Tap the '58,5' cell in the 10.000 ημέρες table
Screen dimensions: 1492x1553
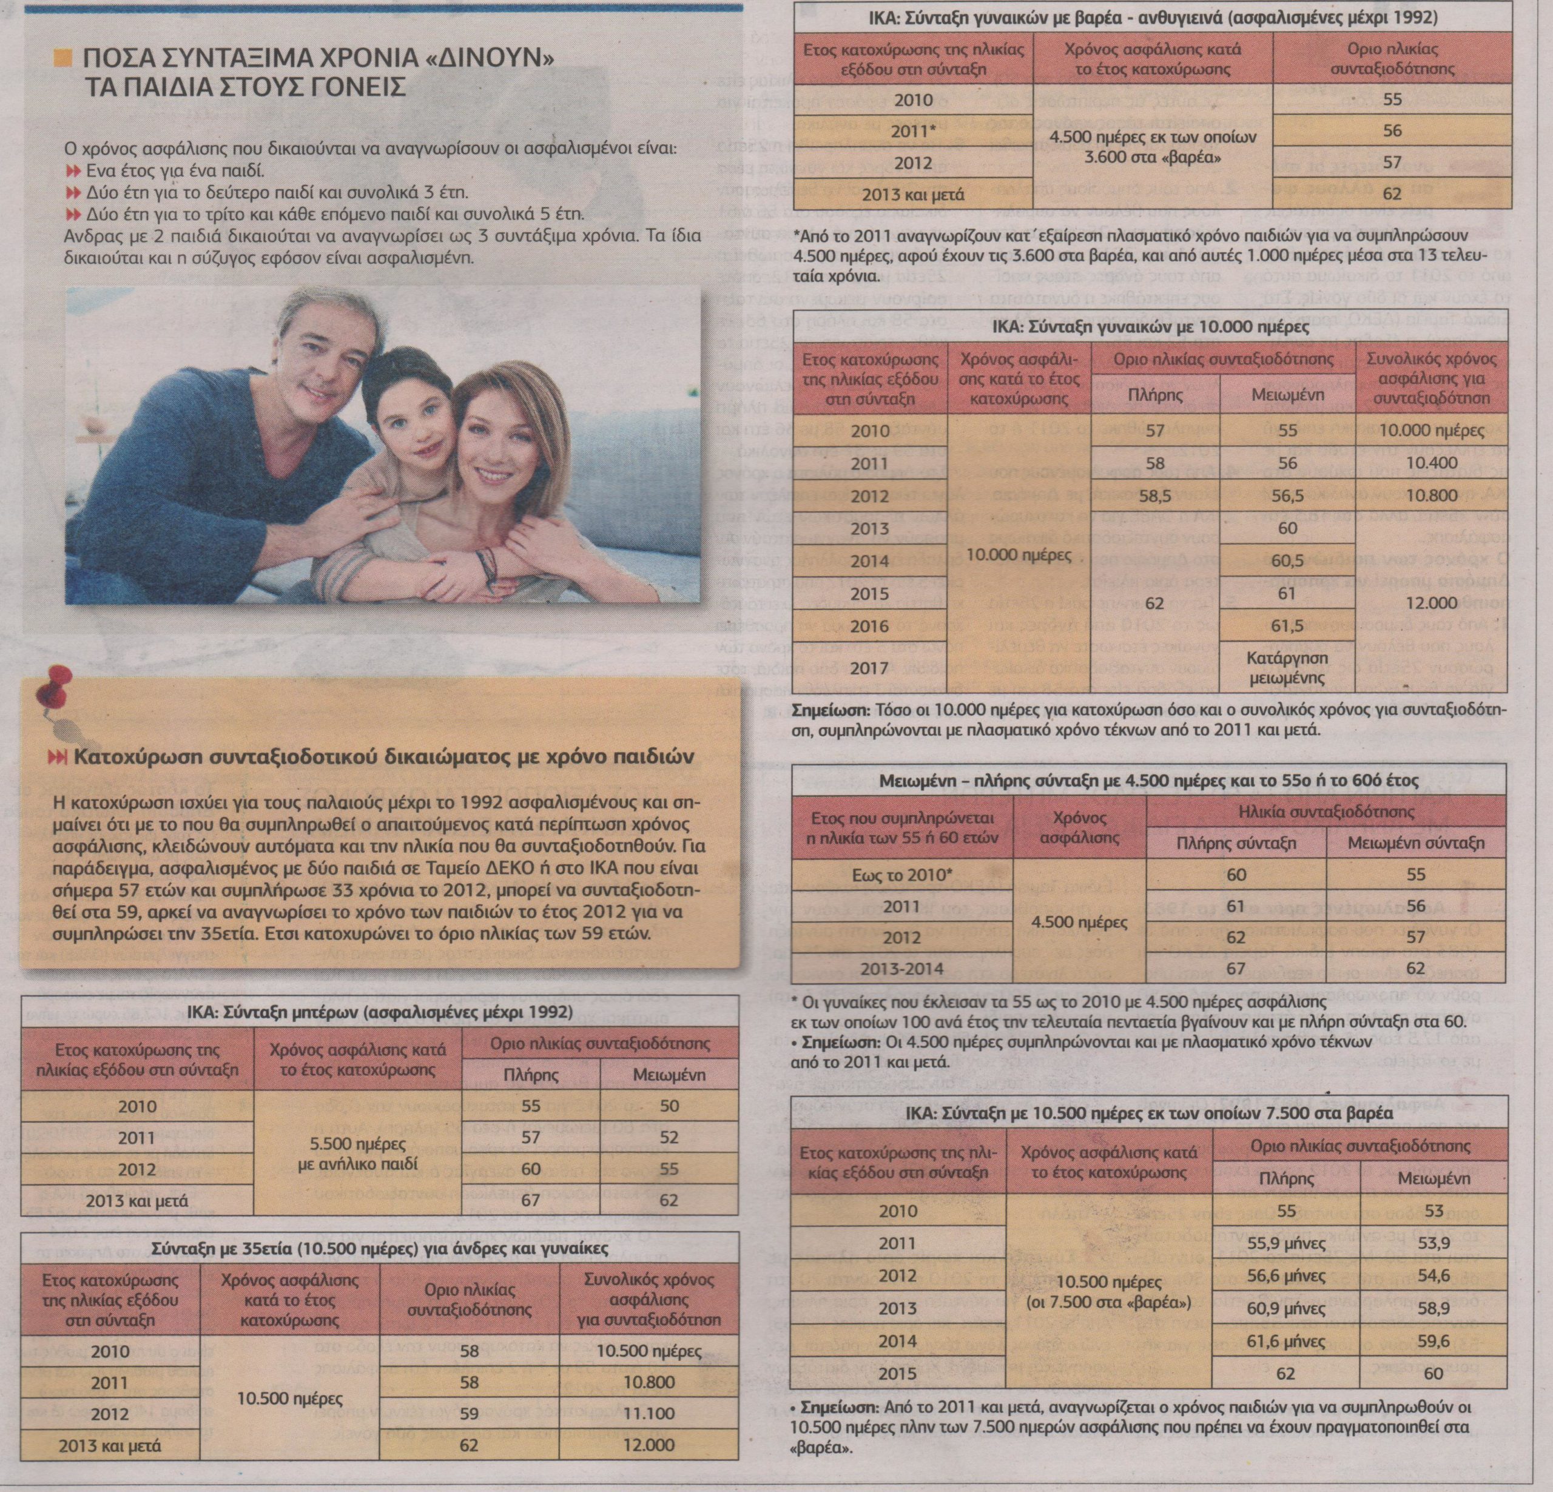(x=1154, y=496)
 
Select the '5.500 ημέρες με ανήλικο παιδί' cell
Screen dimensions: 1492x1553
(x=357, y=1154)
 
